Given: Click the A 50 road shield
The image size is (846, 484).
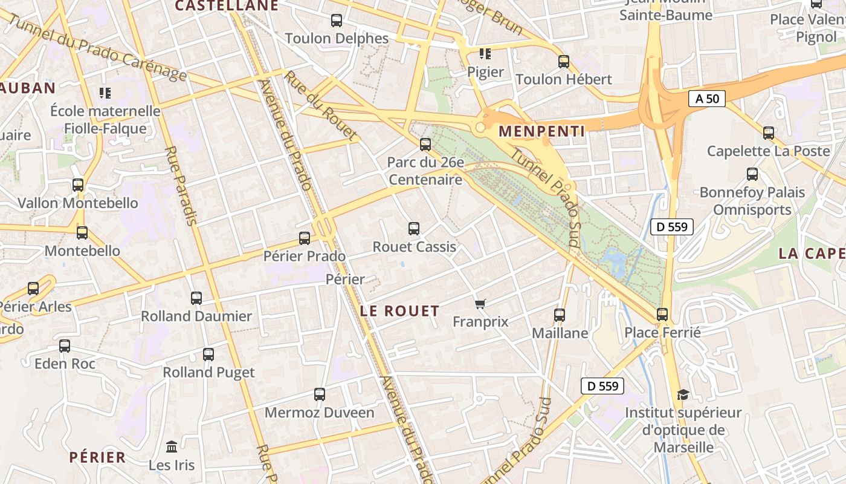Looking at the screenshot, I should [x=706, y=99].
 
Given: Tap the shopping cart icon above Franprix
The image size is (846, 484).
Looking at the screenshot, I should [x=480, y=304].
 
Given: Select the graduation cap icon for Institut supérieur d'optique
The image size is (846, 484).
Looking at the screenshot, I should [x=683, y=394].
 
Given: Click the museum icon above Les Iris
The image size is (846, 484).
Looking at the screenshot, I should [x=172, y=447].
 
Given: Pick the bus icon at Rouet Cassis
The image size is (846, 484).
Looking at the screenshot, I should [x=414, y=229].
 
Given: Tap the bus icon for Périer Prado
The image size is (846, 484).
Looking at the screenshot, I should [x=305, y=238].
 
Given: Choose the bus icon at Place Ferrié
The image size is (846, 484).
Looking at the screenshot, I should [x=662, y=315].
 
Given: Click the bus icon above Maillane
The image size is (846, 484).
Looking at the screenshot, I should [x=560, y=315].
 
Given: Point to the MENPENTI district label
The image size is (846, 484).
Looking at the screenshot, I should [x=541, y=131].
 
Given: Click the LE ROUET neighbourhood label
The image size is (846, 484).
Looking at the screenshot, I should [x=399, y=311].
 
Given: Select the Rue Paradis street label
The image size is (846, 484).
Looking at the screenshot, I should [x=181, y=185].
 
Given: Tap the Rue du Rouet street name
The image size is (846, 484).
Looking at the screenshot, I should [x=321, y=106].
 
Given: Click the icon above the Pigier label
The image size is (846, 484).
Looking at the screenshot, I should [x=485, y=54].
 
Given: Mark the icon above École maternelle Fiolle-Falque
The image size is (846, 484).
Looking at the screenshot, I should [x=105, y=93].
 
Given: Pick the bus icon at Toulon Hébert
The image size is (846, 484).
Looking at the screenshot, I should [x=564, y=61].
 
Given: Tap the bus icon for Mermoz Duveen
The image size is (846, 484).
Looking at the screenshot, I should [x=320, y=394].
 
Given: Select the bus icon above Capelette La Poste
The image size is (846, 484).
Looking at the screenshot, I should [x=769, y=133].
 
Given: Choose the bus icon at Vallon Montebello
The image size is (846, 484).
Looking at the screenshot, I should [x=78, y=185].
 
